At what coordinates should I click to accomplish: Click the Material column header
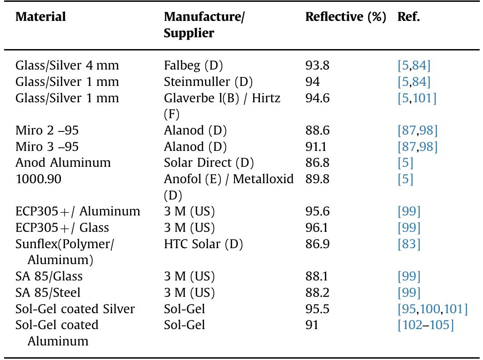41,17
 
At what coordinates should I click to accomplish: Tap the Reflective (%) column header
345,17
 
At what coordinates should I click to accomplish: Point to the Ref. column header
409,17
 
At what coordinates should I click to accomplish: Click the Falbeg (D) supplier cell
193,65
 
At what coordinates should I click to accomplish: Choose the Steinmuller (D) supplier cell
208,82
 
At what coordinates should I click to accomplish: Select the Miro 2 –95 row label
47,131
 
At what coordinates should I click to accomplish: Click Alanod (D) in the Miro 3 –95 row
195,147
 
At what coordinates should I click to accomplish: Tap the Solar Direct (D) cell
209,163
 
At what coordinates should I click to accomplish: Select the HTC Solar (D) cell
203,245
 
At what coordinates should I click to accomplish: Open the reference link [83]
409,245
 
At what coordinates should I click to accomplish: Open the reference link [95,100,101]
432,310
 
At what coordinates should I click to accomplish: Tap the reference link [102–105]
425,326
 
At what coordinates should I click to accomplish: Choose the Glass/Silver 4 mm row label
67,65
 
